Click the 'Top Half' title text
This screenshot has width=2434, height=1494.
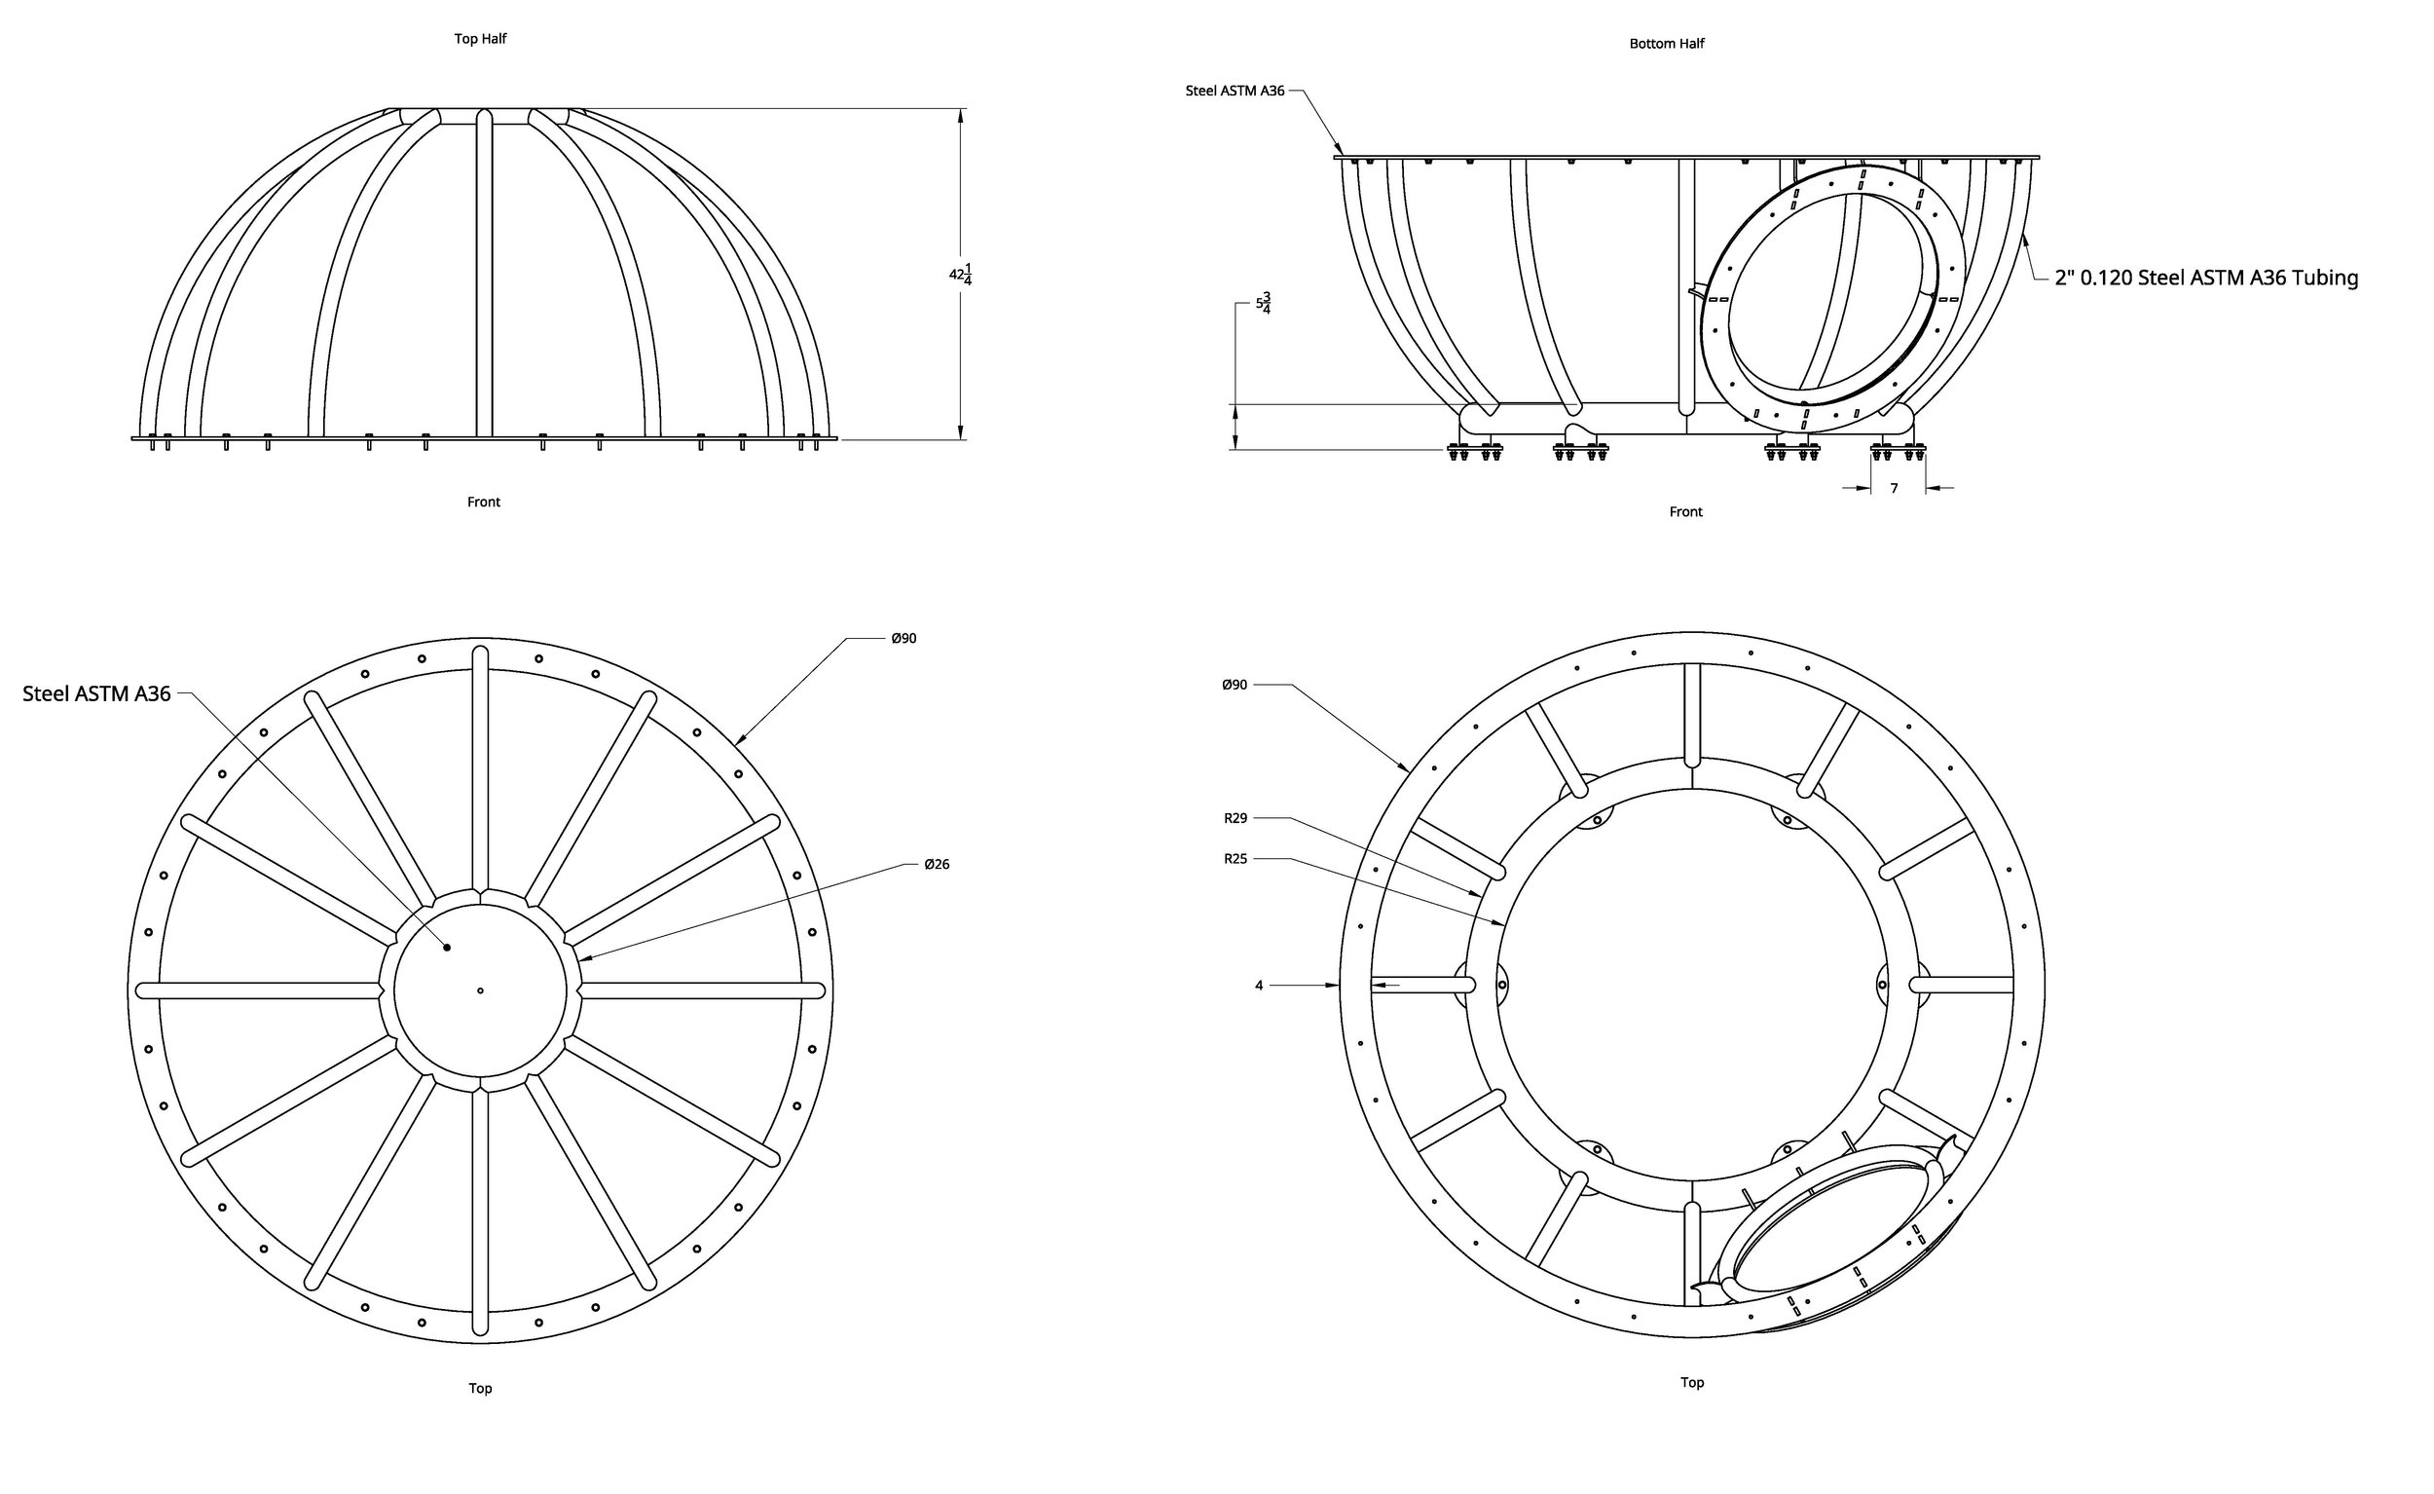coord(480,39)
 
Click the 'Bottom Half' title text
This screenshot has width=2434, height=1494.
coord(1667,44)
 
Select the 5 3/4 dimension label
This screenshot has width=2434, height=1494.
coord(1264,302)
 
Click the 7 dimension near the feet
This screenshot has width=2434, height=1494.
coord(1894,488)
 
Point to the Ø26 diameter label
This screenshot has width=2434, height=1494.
coord(937,865)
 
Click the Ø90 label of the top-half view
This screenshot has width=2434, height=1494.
coord(903,638)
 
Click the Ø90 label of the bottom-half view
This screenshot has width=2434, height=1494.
coord(1234,685)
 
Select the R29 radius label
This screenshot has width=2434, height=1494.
coord(1235,818)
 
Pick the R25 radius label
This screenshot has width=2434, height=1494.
coord(1235,859)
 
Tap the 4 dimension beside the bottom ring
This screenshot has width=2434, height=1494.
coord(1259,986)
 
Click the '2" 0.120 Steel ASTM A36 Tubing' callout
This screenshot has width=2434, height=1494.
coord(2206,278)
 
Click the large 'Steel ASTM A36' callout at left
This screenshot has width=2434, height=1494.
coord(96,693)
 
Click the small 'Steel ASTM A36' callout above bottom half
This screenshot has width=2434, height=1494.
coord(1235,91)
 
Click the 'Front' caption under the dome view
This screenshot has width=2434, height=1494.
coord(483,502)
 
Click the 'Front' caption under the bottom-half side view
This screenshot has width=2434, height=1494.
coord(1685,512)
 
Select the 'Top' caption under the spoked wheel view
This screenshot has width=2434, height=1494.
coord(480,1388)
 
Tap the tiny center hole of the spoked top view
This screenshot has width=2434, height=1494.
coord(480,990)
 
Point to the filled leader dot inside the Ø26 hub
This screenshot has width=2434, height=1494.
coord(447,948)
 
